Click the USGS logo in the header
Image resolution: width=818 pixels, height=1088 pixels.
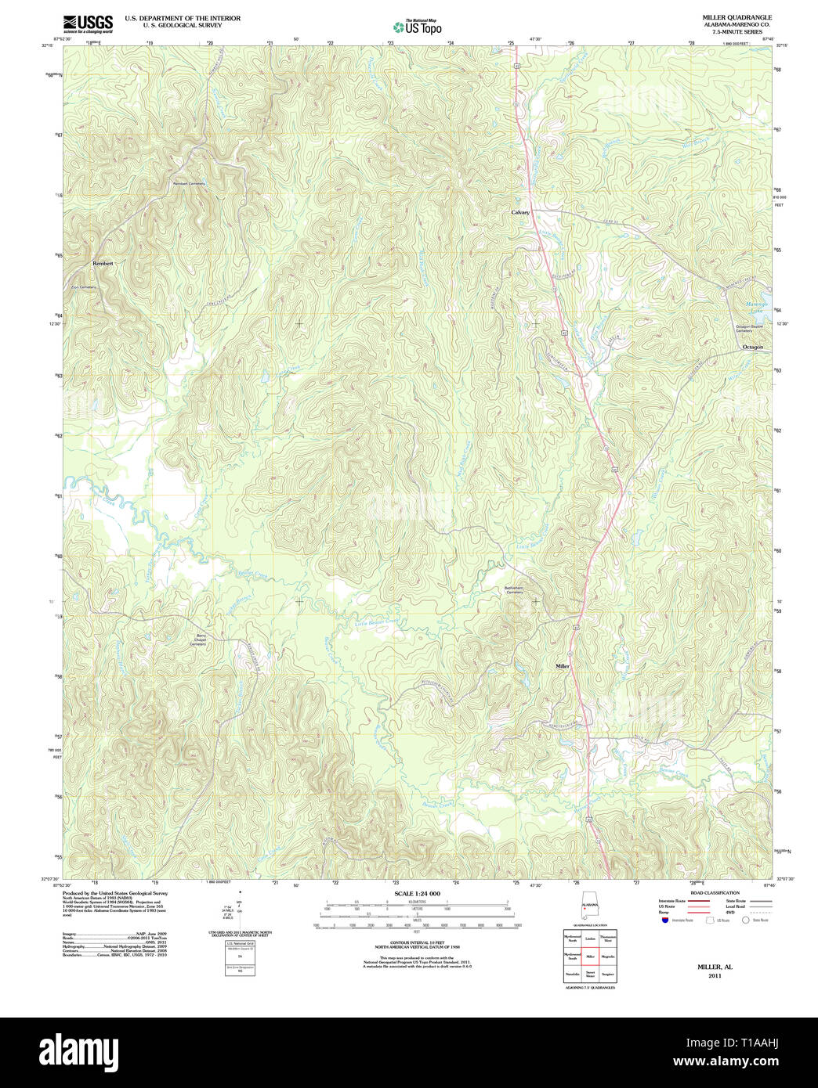pos(87,23)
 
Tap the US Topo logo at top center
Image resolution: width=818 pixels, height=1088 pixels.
pos(417,27)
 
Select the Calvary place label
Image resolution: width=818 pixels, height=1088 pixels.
pos(520,212)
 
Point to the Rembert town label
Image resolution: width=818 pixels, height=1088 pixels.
pos(103,264)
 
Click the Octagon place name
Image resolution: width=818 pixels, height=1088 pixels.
pos(752,347)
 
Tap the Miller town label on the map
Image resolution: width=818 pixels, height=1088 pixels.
pos(563,666)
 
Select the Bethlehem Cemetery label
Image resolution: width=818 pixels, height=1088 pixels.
pos(513,589)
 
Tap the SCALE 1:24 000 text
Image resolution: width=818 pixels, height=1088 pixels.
pos(417,893)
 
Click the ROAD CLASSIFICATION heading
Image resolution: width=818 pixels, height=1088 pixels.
pos(715,893)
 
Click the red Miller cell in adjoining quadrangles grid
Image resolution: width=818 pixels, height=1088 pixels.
pos(589,956)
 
